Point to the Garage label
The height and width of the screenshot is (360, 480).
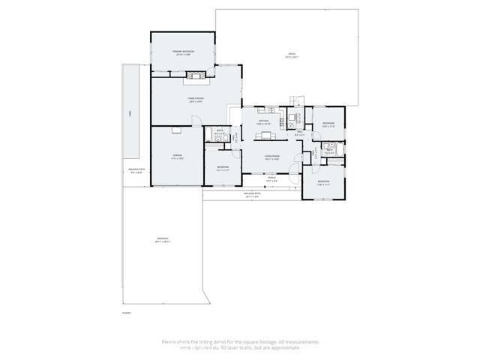pyautogui.click(x=178, y=157)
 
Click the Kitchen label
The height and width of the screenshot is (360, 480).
pyautogui.click(x=263, y=121)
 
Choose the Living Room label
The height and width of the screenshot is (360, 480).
pyautogui.click(x=271, y=158)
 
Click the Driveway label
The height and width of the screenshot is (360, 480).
pyautogui.click(x=163, y=241)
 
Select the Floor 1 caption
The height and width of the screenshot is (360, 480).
pyautogui.click(x=127, y=312)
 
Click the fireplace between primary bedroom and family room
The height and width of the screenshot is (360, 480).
pyautogui.click(x=196, y=74)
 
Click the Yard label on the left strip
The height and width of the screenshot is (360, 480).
pyautogui.click(x=129, y=112)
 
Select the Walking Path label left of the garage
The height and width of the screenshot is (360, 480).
pyautogui.click(x=136, y=172)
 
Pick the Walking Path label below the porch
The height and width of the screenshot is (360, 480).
pyautogui.click(x=252, y=194)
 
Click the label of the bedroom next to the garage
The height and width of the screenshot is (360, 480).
pyautogui.click(x=221, y=167)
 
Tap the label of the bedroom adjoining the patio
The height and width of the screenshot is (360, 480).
pyautogui.click(x=328, y=124)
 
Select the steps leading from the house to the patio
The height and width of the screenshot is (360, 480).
pyautogui.click(x=295, y=100)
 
